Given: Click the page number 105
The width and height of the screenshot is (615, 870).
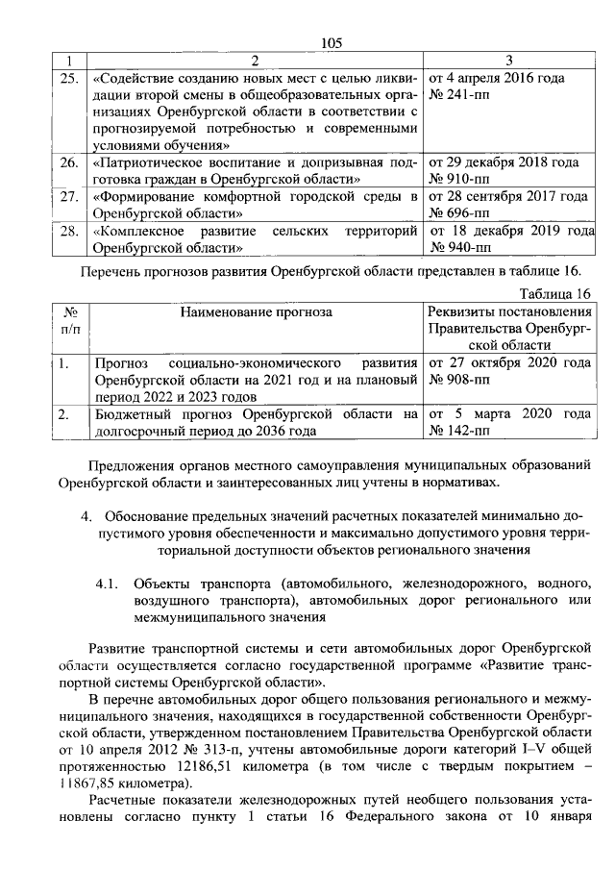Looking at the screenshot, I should point(332,42).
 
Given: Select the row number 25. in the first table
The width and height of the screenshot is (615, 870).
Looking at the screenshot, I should point(68,78).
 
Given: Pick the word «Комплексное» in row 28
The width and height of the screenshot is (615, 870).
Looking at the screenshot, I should point(135,232).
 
